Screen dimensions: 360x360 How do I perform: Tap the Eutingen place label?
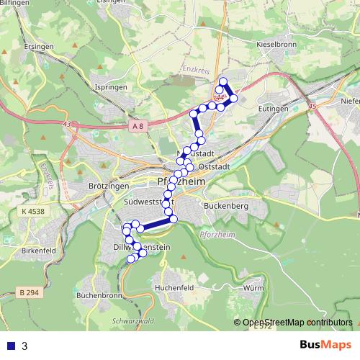pyautogui.click(x=273, y=108)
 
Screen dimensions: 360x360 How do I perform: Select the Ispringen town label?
pyautogui.click(x=112, y=86)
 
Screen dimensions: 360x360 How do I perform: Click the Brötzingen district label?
pyautogui.click(x=103, y=186)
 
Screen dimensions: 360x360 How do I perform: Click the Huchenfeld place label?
pyautogui.click(x=174, y=287)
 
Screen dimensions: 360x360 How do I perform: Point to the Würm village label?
pyautogui.click(x=254, y=287)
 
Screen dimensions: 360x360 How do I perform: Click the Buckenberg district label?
pyautogui.click(x=228, y=207)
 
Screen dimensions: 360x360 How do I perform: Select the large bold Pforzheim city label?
pyautogui.click(x=181, y=182)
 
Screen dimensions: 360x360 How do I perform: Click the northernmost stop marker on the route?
pyautogui.click(x=222, y=82)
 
